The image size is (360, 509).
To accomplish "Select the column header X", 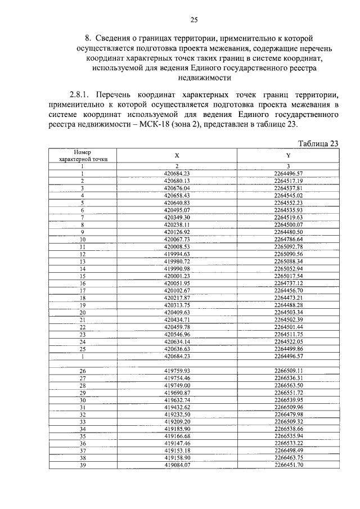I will pos(177,155).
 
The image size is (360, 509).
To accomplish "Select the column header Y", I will pos(289,155).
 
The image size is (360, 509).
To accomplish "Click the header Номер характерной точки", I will pos(83,155).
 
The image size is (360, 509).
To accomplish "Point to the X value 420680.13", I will pos(177,181).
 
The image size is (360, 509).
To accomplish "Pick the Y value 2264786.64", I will pos(289,239).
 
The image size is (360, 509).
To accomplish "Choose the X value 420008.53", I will pos(177,246).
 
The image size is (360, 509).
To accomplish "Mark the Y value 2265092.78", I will pos(289,246).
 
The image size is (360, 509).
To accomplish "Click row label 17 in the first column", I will pos(83,290).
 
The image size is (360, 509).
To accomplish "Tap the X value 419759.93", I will pos(177,371).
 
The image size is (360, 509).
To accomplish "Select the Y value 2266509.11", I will pos(289,371).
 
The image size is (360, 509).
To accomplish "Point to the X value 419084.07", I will pos(177,465).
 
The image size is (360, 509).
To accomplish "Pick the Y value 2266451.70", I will pos(289,465).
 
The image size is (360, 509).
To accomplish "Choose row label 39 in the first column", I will pos(83,465).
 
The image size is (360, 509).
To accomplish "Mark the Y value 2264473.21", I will pos(289,298).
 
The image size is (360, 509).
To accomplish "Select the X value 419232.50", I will pos(177,414).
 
